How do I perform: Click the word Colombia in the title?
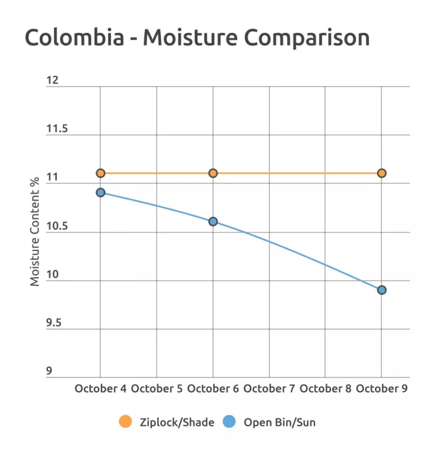pos(74,38)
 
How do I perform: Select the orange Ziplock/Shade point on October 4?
pos(100,173)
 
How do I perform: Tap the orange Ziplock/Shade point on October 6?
pos(213,173)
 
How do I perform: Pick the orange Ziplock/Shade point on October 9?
pos(381,173)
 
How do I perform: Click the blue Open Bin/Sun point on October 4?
pos(100,192)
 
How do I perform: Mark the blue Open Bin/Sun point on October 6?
pos(213,221)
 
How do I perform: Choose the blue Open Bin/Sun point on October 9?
pos(381,290)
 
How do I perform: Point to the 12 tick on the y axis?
pos(52,80)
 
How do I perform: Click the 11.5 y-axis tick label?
pos(57,129)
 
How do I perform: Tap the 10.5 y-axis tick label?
pos(57,226)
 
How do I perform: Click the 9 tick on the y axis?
pos(49,371)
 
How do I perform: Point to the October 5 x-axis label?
pos(156,388)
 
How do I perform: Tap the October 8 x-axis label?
pos(325,388)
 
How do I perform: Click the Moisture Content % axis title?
pos(35,231)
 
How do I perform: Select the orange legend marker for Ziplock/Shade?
pos(125,422)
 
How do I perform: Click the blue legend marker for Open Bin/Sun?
pos(229,422)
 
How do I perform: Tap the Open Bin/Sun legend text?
pos(279,423)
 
